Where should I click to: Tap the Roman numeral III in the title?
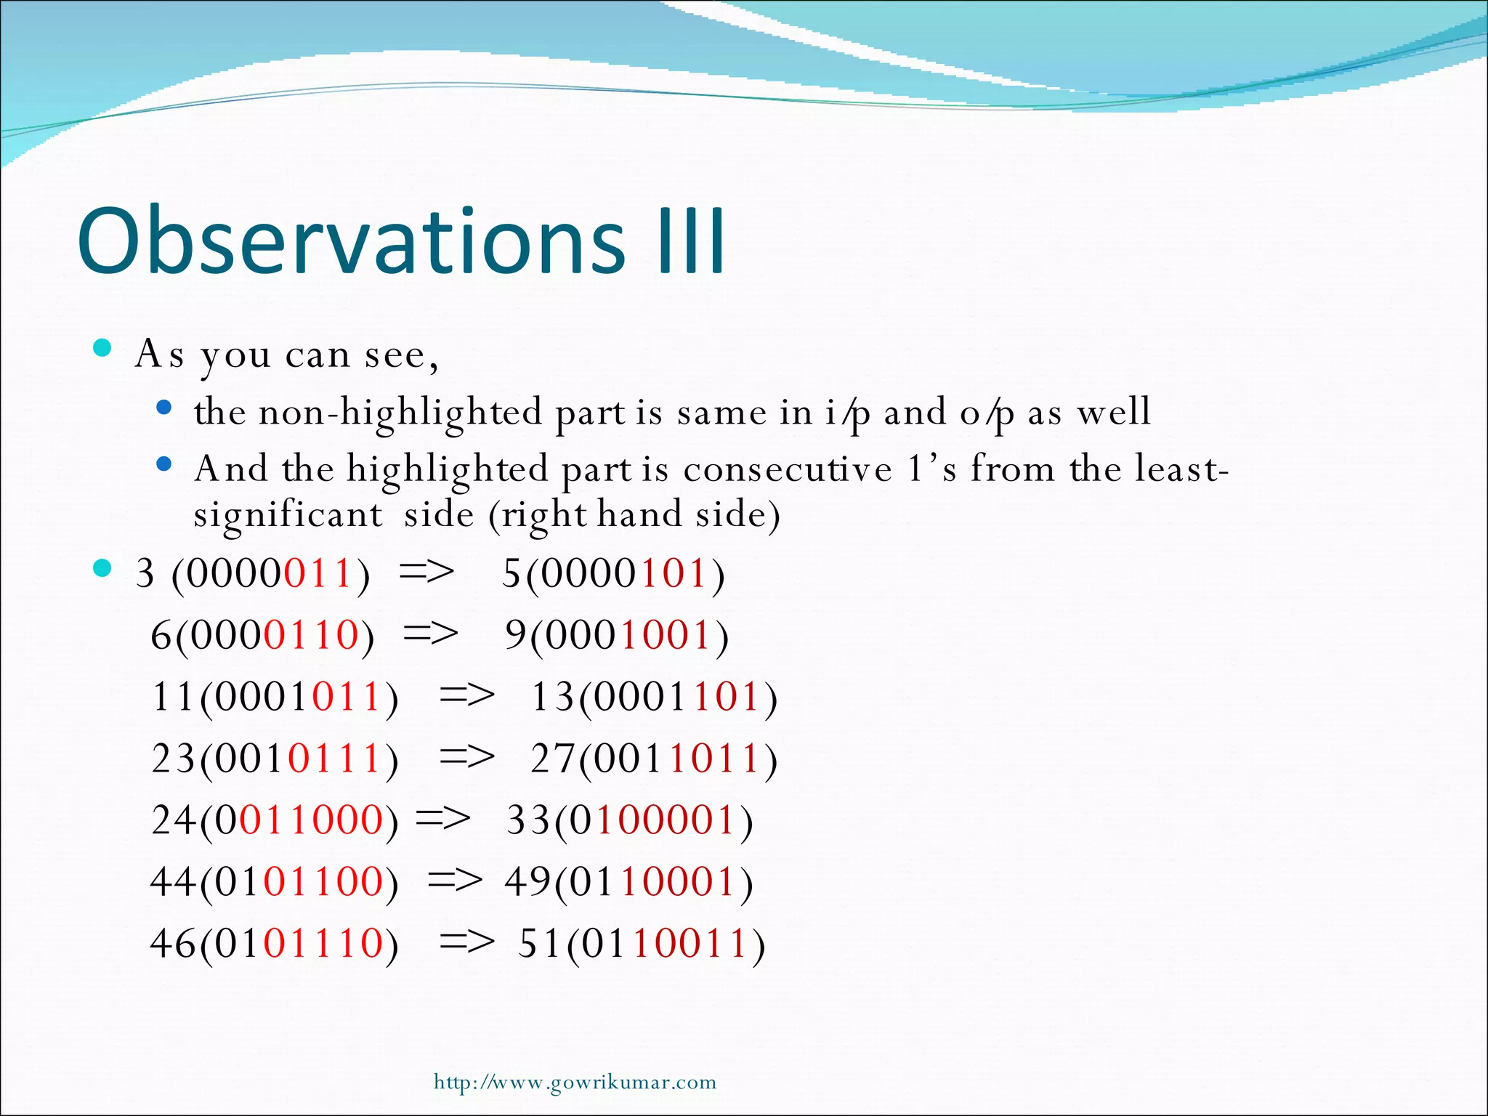pos(691,241)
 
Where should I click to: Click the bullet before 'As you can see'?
pos(102,348)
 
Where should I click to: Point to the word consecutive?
pos(787,469)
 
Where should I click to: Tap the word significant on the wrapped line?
pos(288,515)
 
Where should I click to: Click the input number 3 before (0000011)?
pos(145,574)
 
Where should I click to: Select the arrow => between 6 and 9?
pos(431,634)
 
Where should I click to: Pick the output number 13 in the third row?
pos(552,697)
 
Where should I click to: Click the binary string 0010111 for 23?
pos(298,759)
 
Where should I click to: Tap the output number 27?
pos(552,759)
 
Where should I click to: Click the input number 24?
pos(173,820)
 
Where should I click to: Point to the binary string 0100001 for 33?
pos(652,820)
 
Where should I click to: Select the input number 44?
pos(173,882)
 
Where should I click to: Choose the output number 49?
pos(527,882)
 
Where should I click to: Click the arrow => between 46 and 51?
pos(467,943)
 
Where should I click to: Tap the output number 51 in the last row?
pos(540,943)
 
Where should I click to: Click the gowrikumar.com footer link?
pos(575,1082)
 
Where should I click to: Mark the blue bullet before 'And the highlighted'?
pos(164,464)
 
